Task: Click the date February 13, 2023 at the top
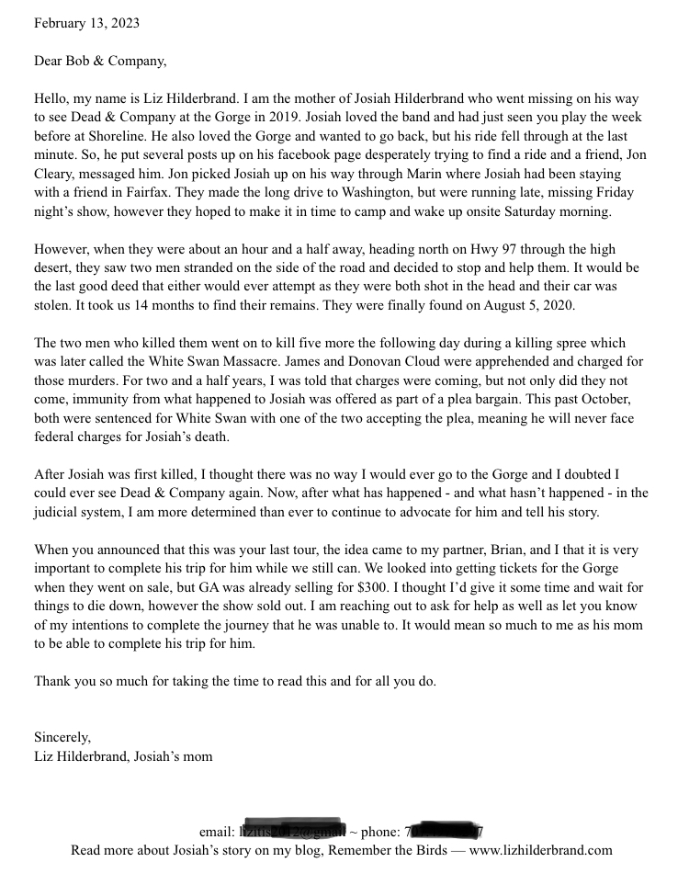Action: pyautogui.click(x=87, y=23)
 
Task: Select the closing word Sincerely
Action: pyautogui.click(x=62, y=737)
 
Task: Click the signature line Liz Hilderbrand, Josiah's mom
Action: pyautogui.click(x=123, y=756)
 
